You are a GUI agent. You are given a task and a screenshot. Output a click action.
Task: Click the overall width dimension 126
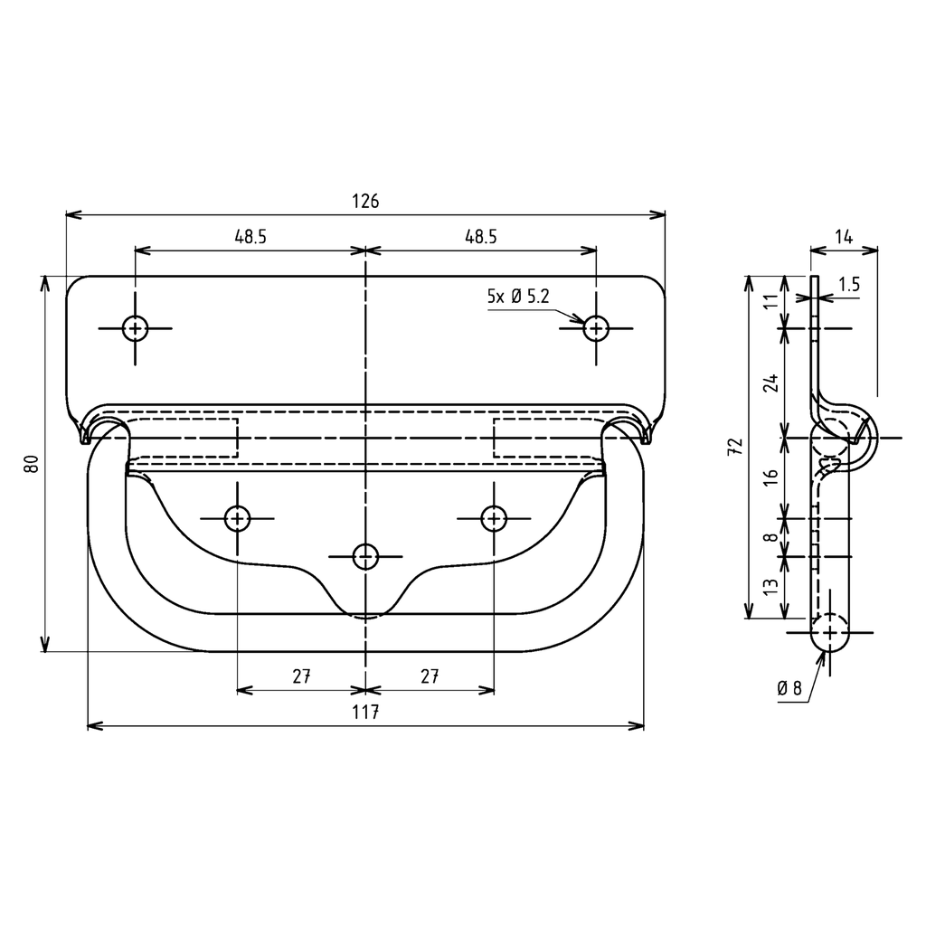click(x=365, y=201)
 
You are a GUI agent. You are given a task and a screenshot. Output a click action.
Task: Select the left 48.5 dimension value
click(x=250, y=237)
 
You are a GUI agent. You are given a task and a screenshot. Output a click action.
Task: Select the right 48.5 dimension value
click(x=481, y=237)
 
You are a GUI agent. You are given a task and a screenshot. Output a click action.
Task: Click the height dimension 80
click(x=31, y=463)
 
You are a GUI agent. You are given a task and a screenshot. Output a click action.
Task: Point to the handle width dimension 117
click(x=365, y=713)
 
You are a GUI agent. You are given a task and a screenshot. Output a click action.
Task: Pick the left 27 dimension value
click(x=301, y=676)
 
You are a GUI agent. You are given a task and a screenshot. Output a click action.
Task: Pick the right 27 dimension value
click(x=430, y=676)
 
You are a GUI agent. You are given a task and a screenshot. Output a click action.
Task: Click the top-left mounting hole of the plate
click(x=136, y=328)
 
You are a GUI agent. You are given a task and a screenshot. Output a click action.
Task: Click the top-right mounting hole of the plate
click(x=596, y=328)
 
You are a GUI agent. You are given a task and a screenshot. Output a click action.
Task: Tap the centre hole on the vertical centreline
click(x=365, y=555)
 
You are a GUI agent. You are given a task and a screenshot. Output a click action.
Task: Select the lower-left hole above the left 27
click(x=237, y=518)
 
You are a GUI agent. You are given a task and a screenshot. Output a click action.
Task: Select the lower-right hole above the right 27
click(x=494, y=518)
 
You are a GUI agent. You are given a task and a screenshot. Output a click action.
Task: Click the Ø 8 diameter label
click(x=789, y=688)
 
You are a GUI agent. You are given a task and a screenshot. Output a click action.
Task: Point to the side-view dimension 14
click(x=844, y=237)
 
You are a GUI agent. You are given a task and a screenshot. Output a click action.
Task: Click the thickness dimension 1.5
click(x=848, y=284)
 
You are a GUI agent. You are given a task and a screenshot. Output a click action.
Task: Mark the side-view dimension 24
click(x=770, y=383)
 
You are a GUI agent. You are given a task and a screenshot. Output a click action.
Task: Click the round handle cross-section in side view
click(x=829, y=632)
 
